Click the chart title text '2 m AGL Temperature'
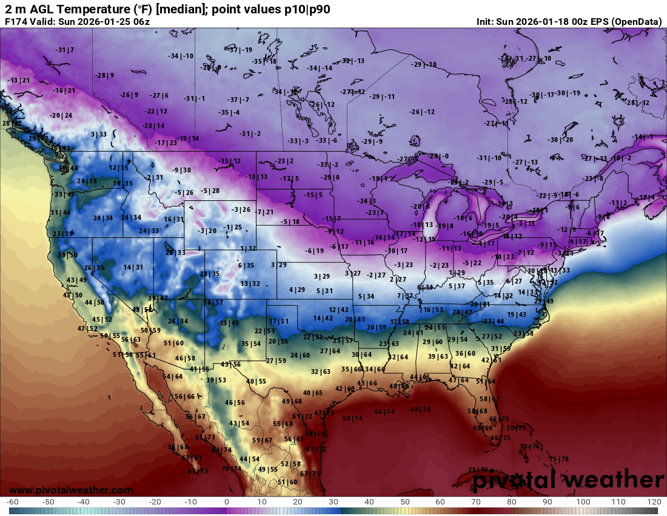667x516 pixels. point(61,9)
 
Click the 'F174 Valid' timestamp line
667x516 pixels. point(77,21)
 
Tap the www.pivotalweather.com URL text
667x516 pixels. point(71,490)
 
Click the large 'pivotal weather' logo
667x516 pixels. point(568,480)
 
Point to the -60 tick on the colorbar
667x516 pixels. point(13,502)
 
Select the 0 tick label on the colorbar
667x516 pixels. point(227,502)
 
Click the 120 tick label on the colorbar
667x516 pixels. point(654,502)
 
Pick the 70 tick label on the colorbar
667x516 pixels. point(476,502)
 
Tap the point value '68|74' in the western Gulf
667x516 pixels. point(352,418)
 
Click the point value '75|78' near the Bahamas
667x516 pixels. point(558,458)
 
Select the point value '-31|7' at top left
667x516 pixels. point(64,50)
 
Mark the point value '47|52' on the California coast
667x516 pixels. point(87,328)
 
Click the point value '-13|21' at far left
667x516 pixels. point(19,80)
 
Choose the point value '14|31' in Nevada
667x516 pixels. point(133,267)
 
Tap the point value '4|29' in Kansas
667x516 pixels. point(297,290)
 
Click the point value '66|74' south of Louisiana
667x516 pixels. point(384,412)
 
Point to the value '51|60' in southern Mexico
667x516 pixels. point(287,482)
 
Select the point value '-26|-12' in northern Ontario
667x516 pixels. point(422,112)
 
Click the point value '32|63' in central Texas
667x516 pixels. point(321,372)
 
